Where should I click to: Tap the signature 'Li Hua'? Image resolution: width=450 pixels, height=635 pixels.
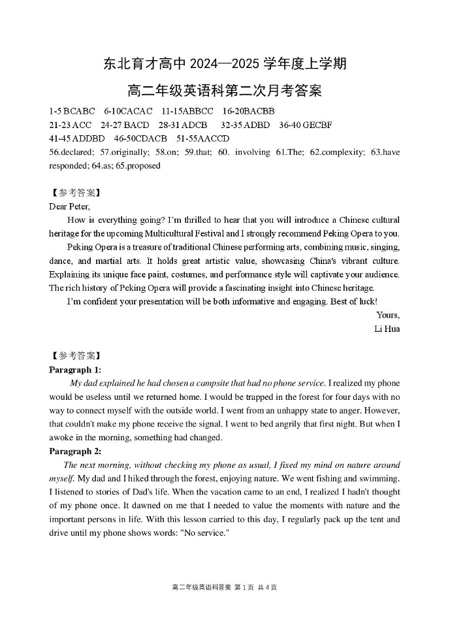click(387, 329)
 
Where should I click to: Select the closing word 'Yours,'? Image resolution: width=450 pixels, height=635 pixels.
click(388, 315)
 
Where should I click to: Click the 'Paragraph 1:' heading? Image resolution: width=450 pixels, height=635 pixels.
click(75, 370)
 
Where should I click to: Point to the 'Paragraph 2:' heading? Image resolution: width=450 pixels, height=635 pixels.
click(75, 451)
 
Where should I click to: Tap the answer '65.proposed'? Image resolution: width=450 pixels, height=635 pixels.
click(138, 166)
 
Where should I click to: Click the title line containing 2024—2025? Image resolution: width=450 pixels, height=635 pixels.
click(225, 64)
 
